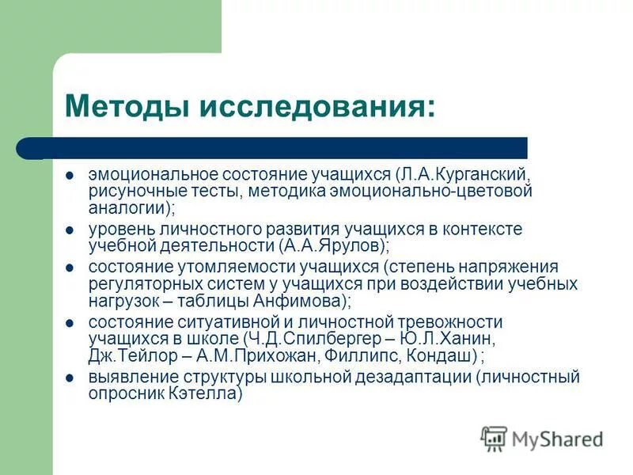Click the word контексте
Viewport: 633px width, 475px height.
[485, 229]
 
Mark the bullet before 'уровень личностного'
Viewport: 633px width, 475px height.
[70, 229]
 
